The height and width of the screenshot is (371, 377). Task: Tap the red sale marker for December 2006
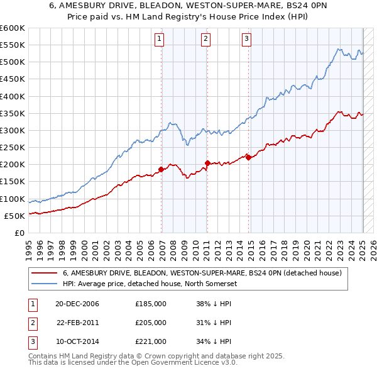click(x=161, y=169)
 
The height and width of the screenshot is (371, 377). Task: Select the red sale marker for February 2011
click(x=207, y=163)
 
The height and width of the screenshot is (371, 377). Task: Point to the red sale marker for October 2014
click(x=248, y=157)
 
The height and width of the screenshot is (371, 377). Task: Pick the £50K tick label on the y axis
click(x=14, y=216)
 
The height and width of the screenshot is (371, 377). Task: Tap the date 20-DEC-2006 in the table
click(x=77, y=304)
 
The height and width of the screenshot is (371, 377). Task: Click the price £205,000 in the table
click(x=151, y=323)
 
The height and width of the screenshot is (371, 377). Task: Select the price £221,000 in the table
click(x=151, y=341)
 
